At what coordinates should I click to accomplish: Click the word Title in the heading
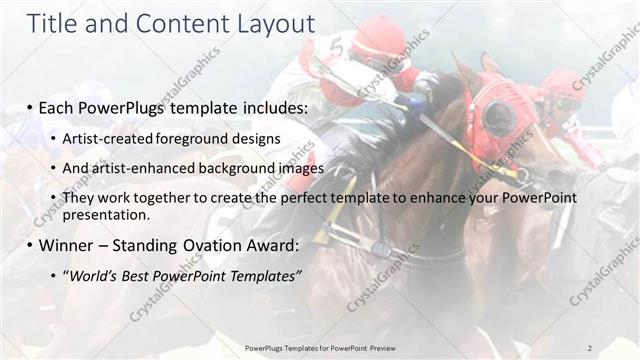coord(50,24)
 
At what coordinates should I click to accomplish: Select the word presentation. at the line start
coord(105,215)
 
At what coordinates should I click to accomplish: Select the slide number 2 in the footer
coord(589,348)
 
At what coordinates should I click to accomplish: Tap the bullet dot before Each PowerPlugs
coord(31,106)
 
